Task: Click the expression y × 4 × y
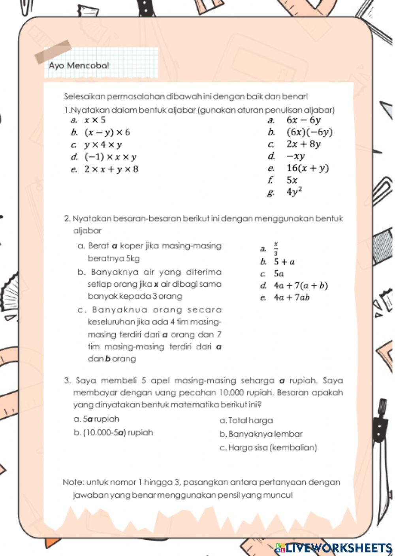[103, 145]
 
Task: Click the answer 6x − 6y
[303, 120]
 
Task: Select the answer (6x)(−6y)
[309, 132]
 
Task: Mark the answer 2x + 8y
[303, 144]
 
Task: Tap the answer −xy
[296, 156]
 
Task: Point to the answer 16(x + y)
[307, 168]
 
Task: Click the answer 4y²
[295, 192]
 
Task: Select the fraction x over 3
[276, 249]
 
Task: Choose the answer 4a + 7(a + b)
[301, 286]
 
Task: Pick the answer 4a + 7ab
[292, 298]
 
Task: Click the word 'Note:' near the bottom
[73, 482]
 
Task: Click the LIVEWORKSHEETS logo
[334, 548]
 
